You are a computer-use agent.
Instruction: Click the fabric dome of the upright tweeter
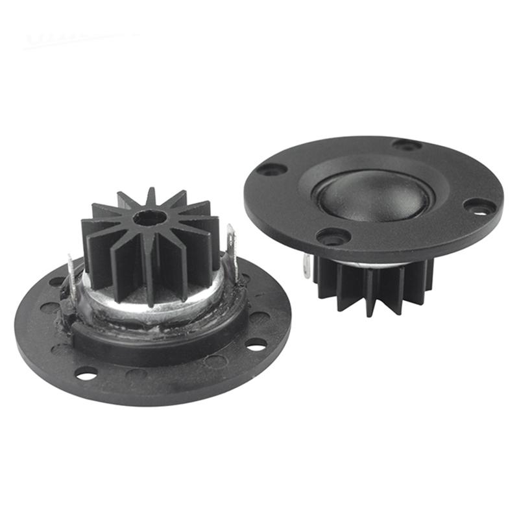[x=373, y=196]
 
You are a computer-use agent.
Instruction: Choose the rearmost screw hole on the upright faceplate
[x=407, y=145]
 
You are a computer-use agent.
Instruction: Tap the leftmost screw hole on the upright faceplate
[x=271, y=169]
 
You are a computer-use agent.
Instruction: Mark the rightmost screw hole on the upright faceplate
[x=480, y=207]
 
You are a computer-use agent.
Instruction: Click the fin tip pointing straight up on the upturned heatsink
[x=151, y=194]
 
